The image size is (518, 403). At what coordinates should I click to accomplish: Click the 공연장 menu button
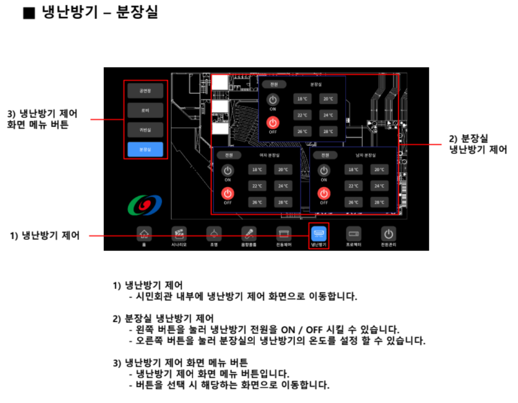(x=145, y=91)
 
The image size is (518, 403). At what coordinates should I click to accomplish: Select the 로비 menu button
(x=145, y=110)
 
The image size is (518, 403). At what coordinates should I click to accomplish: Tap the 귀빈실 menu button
(x=145, y=130)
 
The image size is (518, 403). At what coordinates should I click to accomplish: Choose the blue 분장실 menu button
(x=145, y=150)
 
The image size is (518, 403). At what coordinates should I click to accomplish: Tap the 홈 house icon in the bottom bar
(x=144, y=234)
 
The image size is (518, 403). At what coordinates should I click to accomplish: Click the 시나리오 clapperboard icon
(x=179, y=234)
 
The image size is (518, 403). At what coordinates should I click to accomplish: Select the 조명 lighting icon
(x=213, y=234)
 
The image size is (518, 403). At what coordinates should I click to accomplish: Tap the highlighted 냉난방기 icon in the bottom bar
(x=319, y=234)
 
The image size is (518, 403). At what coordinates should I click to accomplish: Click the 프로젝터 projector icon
(x=354, y=234)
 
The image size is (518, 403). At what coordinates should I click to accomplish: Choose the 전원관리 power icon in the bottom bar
(x=388, y=234)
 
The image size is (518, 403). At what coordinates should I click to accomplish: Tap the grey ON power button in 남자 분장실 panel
(x=323, y=170)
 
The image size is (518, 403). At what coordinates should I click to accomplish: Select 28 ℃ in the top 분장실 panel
(x=329, y=132)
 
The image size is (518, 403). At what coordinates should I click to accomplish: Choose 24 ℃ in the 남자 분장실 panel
(x=379, y=186)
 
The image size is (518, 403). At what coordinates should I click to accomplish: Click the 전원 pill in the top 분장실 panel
(x=273, y=84)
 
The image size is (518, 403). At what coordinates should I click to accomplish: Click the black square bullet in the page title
(x=29, y=13)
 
